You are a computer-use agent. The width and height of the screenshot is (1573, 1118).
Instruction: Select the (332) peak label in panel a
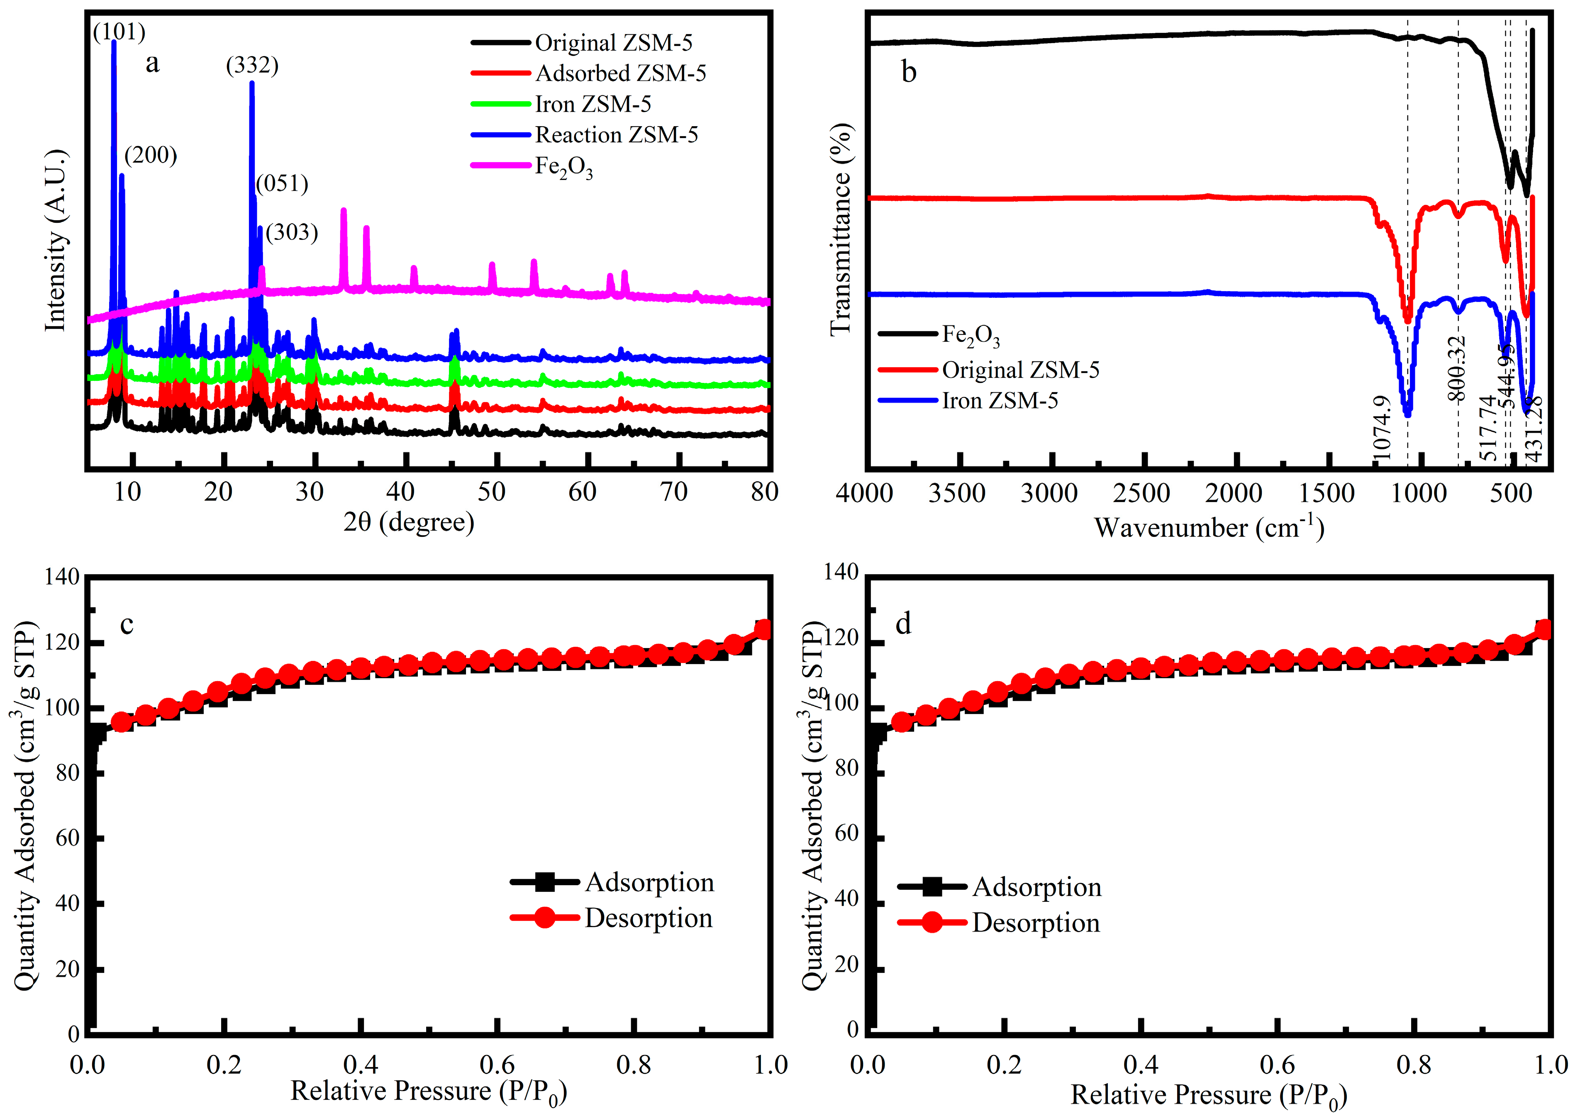point(252,66)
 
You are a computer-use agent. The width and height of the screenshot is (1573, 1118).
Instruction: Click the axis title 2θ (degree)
point(409,523)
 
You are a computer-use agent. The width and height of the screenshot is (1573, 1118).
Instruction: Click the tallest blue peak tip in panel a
point(114,43)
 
